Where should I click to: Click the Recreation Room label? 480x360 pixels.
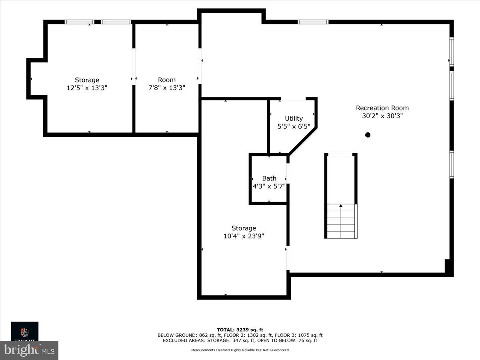(382, 108)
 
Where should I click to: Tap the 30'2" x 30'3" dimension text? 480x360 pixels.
(382, 116)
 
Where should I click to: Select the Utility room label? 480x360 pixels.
(294, 118)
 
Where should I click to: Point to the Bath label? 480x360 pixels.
(269, 178)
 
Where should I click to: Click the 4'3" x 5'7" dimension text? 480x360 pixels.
(269, 186)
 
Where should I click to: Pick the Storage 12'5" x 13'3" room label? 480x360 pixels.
(87, 80)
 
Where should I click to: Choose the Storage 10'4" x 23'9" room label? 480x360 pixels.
(244, 228)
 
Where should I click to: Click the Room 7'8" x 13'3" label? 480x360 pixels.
(167, 80)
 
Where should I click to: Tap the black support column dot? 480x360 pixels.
(368, 135)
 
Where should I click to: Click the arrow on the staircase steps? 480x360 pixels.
(341, 206)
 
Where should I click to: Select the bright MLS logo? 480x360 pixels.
(29, 350)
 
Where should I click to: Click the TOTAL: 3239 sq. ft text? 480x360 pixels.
(240, 330)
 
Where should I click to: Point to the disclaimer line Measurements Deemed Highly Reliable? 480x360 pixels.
(240, 350)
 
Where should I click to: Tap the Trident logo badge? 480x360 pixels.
(25, 331)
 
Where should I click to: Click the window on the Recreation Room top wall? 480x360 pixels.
(313, 22)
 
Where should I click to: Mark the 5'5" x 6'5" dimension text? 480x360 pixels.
(294, 126)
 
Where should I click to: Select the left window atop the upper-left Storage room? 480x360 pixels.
(79, 22)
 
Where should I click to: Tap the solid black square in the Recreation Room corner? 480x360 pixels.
(449, 267)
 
